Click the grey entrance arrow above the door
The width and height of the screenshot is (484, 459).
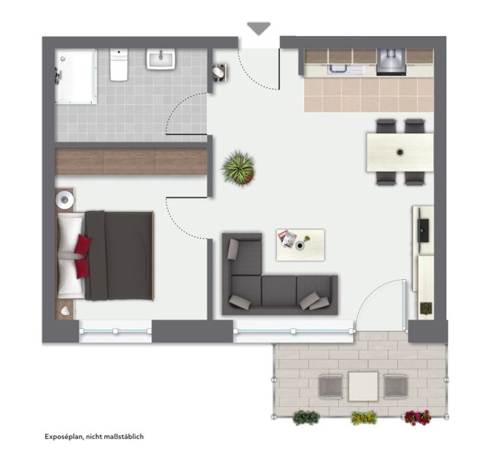point(258,28)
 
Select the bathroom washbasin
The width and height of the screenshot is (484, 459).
point(161,59)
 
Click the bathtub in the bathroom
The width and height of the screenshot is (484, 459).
point(76,76)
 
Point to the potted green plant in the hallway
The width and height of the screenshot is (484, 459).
point(239,168)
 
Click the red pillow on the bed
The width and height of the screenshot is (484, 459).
point(83,256)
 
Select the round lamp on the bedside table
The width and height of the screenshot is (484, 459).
point(64,200)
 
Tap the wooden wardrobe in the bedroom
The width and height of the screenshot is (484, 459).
point(131,161)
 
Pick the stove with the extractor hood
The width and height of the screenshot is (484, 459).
point(391,62)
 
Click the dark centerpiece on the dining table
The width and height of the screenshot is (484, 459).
point(400,152)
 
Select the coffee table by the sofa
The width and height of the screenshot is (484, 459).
point(300,245)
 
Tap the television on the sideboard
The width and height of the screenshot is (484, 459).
point(423,230)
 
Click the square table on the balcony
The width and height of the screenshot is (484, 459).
point(363,386)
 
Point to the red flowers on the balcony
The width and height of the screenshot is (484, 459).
point(417,418)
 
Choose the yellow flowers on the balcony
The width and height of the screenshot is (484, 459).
point(364,418)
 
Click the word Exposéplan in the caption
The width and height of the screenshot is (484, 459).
point(63,437)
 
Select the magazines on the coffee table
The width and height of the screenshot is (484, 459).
point(287,238)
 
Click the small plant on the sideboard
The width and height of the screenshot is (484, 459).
point(426,308)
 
